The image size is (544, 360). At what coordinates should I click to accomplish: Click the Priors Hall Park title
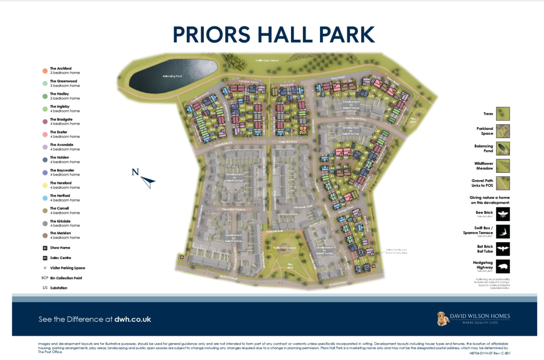pyautogui.click(x=274, y=35)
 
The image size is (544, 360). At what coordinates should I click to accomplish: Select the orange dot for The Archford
pyautogui.click(x=45, y=71)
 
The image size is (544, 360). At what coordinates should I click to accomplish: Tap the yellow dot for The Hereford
pyautogui.click(x=45, y=185)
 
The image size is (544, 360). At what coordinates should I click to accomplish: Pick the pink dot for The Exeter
pyautogui.click(x=45, y=134)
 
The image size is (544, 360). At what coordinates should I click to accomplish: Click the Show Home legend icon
pyautogui.click(x=45, y=248)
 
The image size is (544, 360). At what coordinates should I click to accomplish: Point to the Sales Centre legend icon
pyautogui.click(x=45, y=258)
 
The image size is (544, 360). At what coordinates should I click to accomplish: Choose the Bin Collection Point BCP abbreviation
pyautogui.click(x=45, y=278)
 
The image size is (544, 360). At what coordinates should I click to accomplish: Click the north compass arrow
pyautogui.click(x=147, y=182)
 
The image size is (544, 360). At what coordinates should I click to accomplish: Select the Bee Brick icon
pyautogui.click(x=503, y=214)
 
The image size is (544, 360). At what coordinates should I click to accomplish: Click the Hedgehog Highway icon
pyautogui.click(x=503, y=266)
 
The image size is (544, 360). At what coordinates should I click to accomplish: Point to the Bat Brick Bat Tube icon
pyautogui.click(x=503, y=249)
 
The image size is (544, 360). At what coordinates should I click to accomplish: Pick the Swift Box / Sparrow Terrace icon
pyautogui.click(x=503, y=231)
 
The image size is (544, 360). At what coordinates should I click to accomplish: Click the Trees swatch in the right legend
pyautogui.click(x=503, y=114)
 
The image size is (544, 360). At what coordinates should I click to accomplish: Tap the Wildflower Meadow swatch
pyautogui.click(x=503, y=166)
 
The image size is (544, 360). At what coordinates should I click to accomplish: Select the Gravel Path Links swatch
pyautogui.click(x=503, y=183)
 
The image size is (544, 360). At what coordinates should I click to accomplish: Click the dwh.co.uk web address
pyautogui.click(x=132, y=319)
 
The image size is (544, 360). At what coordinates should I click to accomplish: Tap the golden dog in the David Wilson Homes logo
pyautogui.click(x=442, y=318)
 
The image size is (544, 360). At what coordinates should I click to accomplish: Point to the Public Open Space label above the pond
pyautogui.click(x=267, y=61)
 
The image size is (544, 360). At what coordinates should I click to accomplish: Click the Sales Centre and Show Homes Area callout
pyautogui.click(x=396, y=251)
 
